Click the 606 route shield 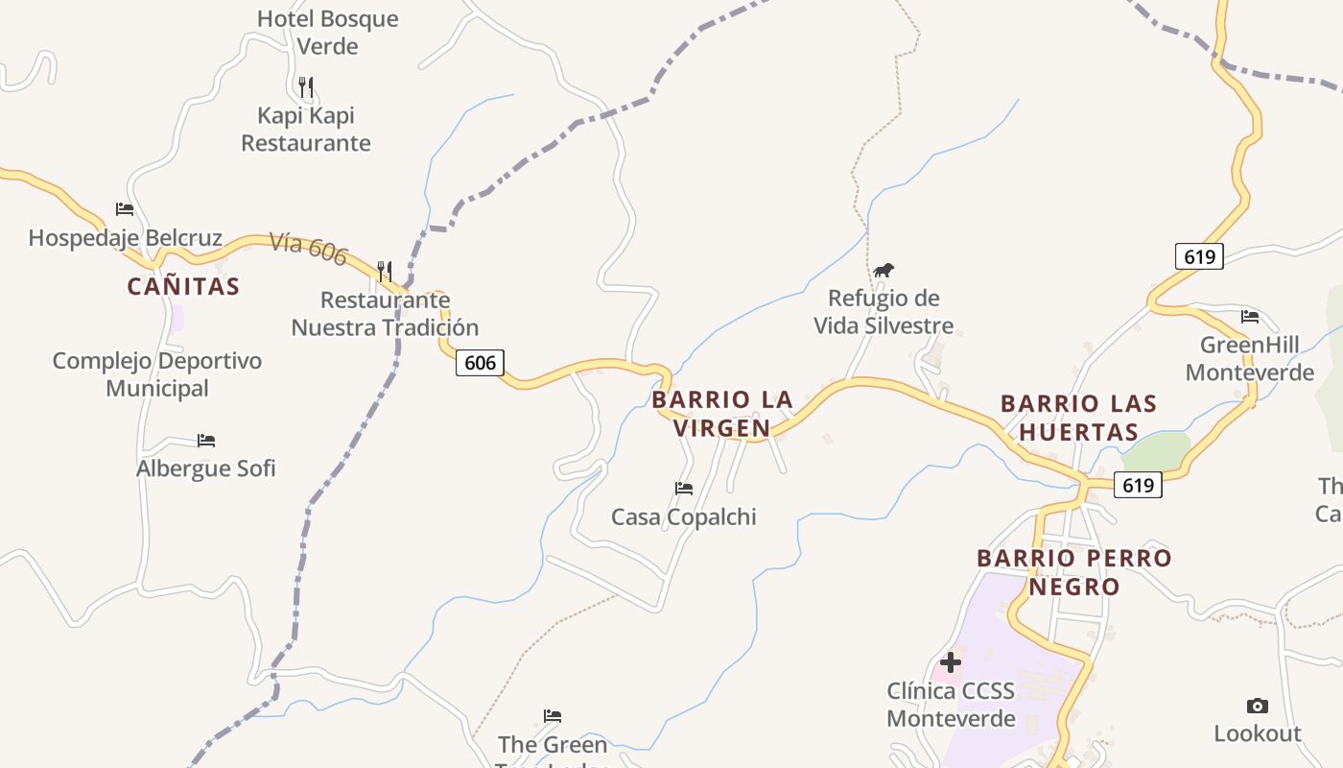pyautogui.click(x=480, y=362)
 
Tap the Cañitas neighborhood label pyautogui.click(x=183, y=286)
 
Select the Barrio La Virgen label pyautogui.click(x=722, y=414)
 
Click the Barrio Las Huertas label pyautogui.click(x=1078, y=418)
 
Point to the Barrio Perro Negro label pyautogui.click(x=1074, y=572)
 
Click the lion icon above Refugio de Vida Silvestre pyautogui.click(x=884, y=270)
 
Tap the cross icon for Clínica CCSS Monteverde pyautogui.click(x=951, y=662)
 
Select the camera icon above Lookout pyautogui.click(x=1257, y=707)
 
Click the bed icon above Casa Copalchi pyautogui.click(x=684, y=489)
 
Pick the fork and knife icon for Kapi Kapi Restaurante pyautogui.click(x=306, y=87)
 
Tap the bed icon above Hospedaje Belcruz pyautogui.click(x=125, y=209)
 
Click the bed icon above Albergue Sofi pyautogui.click(x=206, y=441)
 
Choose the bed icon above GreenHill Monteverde pyautogui.click(x=1249, y=317)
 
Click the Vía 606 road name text pyautogui.click(x=308, y=247)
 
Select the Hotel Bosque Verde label pyautogui.click(x=327, y=32)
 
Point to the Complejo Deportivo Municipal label pyautogui.click(x=157, y=374)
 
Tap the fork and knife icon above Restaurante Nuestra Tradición pyautogui.click(x=385, y=272)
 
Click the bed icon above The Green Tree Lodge pyautogui.click(x=553, y=716)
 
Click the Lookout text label pyautogui.click(x=1257, y=733)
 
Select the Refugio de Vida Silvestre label pyautogui.click(x=884, y=312)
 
